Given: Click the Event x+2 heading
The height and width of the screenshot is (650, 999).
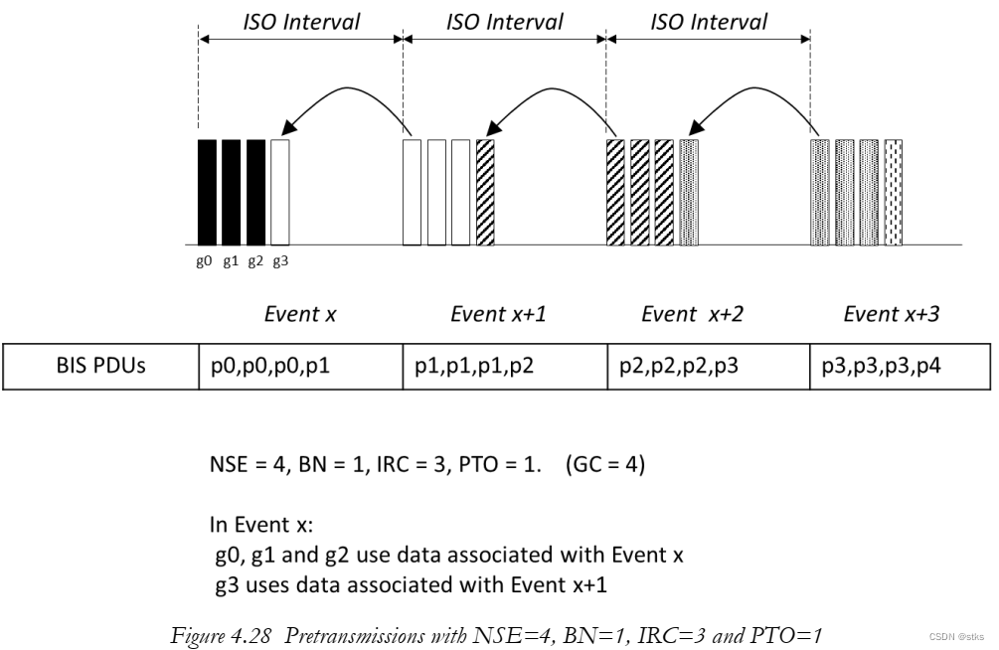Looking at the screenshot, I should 692,315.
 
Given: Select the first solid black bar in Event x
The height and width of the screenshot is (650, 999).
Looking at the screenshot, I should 207,192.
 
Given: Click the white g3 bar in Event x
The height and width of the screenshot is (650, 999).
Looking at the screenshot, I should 279,192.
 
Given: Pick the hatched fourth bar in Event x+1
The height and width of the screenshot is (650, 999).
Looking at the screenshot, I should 484,192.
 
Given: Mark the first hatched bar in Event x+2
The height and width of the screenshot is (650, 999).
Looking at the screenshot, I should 614,192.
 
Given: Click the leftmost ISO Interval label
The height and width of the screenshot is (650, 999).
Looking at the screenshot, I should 301,22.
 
